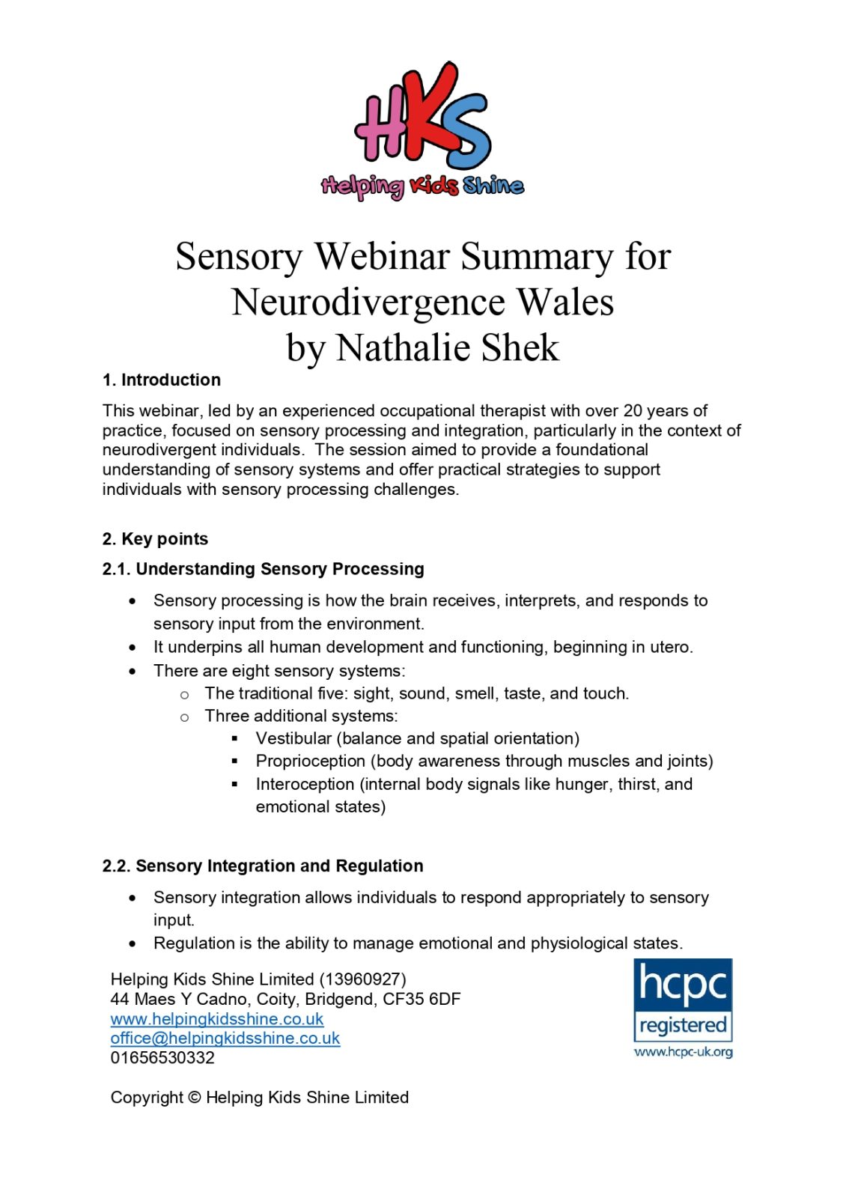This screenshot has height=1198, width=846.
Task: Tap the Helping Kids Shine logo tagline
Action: [x=423, y=185]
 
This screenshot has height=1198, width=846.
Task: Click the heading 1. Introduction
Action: [x=162, y=380]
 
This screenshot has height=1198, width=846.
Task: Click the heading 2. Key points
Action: [x=155, y=539]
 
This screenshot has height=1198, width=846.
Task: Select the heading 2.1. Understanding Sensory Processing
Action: [x=263, y=569]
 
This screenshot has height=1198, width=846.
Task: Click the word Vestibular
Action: [x=293, y=738]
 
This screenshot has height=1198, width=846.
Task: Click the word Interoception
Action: [x=305, y=784]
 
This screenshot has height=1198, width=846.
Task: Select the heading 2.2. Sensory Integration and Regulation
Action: [x=263, y=866]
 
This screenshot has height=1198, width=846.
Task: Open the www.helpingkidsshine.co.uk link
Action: [x=217, y=1019]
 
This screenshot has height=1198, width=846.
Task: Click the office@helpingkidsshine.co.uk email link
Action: [x=225, y=1039]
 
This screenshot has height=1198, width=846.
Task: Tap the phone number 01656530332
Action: [x=162, y=1058]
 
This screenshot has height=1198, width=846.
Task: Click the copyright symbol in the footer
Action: [x=194, y=1098]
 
